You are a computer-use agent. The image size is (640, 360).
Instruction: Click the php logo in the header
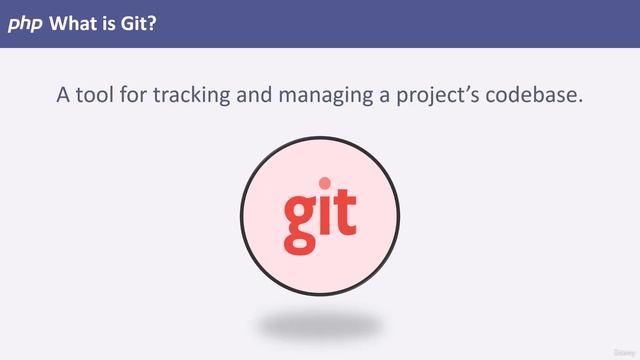pos(24,24)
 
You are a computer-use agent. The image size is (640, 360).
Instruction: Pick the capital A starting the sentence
pos(64,96)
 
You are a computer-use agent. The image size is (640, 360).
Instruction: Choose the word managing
pos(330,97)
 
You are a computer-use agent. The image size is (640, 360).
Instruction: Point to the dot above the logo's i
pos(324,183)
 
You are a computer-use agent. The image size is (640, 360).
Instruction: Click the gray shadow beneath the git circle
pos(319,325)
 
